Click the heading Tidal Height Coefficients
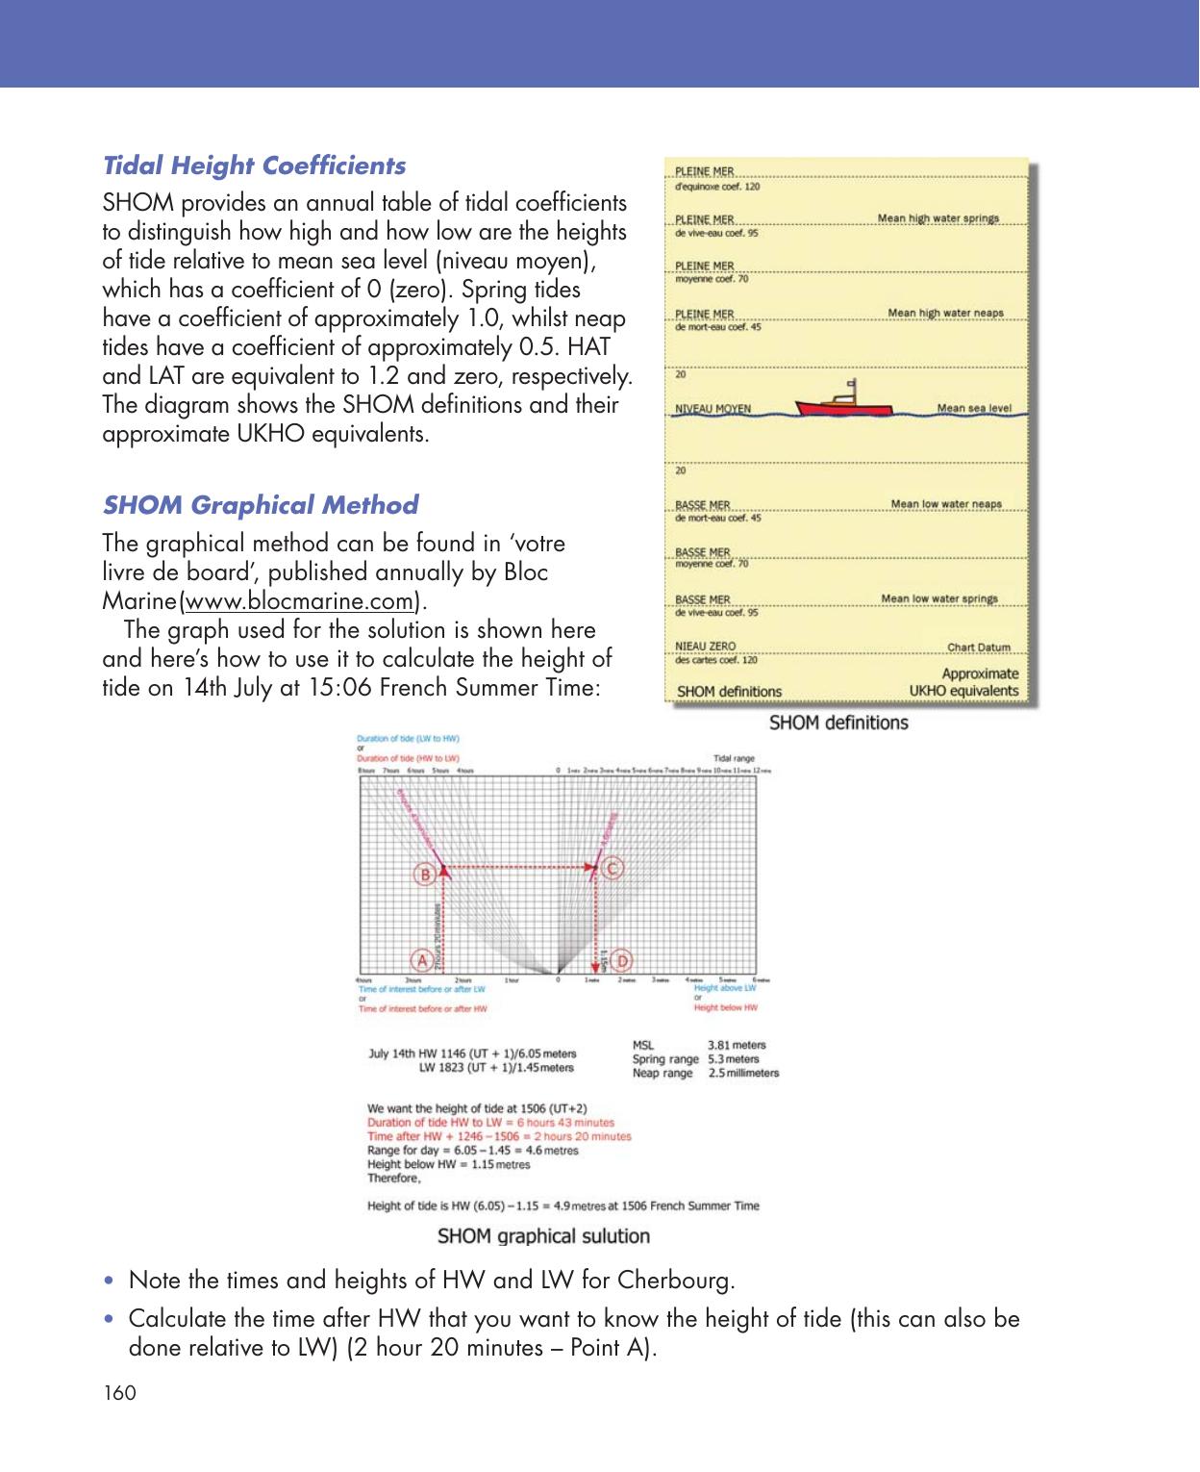coord(254,165)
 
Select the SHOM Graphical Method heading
coord(261,505)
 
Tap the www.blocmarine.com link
coord(299,602)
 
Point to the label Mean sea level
coord(974,408)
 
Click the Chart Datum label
coord(979,647)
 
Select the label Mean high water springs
coord(937,218)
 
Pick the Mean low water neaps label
coord(945,504)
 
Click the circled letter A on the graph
coord(420,960)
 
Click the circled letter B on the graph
coord(424,874)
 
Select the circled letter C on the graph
coord(613,869)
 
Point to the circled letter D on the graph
coord(622,960)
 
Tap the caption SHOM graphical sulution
coord(543,1236)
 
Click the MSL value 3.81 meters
coord(737,1045)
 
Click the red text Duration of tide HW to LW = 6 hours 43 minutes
coord(490,1123)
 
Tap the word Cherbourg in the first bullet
coord(675,1282)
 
